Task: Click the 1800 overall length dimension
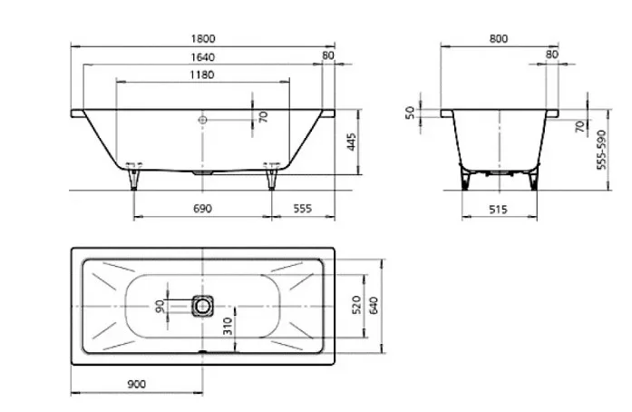pos(203,39)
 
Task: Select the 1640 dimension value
pos(203,57)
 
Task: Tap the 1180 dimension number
pos(202,75)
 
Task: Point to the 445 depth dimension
pos(351,142)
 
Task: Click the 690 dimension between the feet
pos(202,209)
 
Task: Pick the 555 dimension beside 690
pos(302,208)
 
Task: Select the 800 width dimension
pos(499,39)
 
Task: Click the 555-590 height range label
pos(601,150)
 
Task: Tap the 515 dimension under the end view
pos(498,210)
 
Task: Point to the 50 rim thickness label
pos(410,113)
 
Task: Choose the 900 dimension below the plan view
pos(137,384)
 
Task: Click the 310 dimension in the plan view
pos(228,326)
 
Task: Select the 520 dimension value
pos(356,305)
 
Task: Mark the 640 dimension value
pos(374,306)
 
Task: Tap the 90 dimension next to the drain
pos(160,306)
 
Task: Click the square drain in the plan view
pos(202,306)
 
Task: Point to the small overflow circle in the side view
pos(202,120)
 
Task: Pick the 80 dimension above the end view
pos(552,54)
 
